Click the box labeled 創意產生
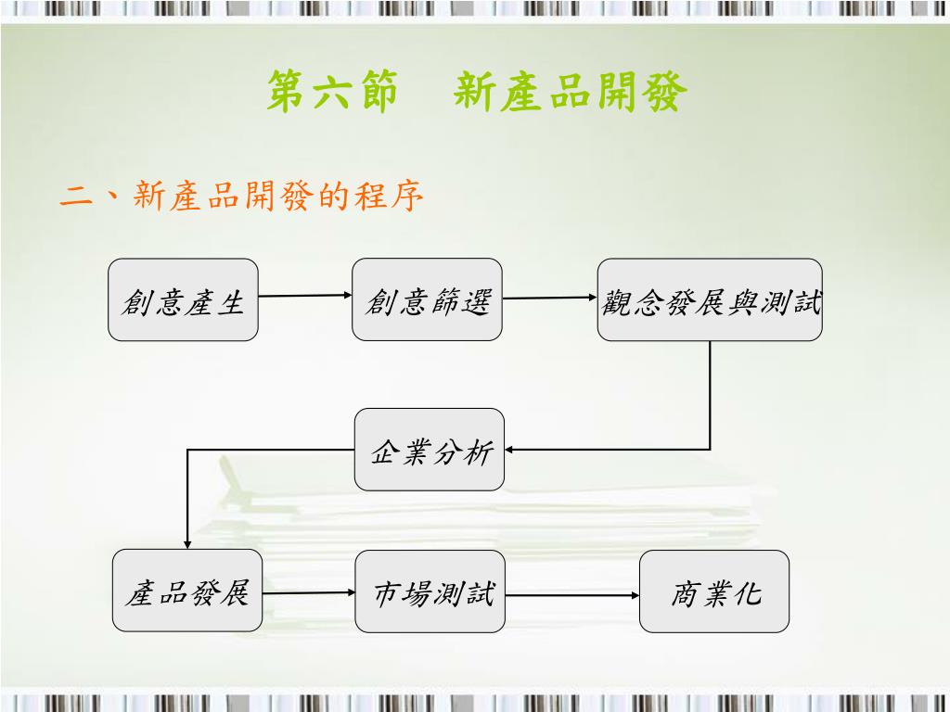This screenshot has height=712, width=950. (x=183, y=299)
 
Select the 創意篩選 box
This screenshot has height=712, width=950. (x=427, y=299)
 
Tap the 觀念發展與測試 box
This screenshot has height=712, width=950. (x=710, y=299)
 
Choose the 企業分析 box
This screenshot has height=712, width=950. (x=430, y=450)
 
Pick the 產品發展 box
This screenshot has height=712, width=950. (x=187, y=591)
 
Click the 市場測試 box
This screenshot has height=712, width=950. (x=430, y=591)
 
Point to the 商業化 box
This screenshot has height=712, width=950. (x=714, y=591)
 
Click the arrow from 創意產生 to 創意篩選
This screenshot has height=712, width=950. (x=305, y=296)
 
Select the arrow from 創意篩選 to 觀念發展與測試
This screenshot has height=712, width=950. (x=549, y=298)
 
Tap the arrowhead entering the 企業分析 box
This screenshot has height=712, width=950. (x=510, y=450)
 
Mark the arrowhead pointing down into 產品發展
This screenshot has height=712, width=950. (x=187, y=544)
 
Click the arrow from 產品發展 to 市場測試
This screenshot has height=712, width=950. (x=309, y=591)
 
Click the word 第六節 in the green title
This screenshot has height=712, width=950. (x=332, y=94)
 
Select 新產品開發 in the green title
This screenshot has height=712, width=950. (x=571, y=94)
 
